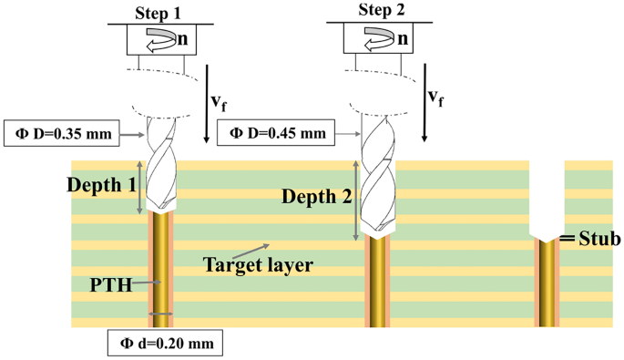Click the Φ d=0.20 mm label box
click(x=164, y=345)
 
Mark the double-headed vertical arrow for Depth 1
click(x=139, y=188)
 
